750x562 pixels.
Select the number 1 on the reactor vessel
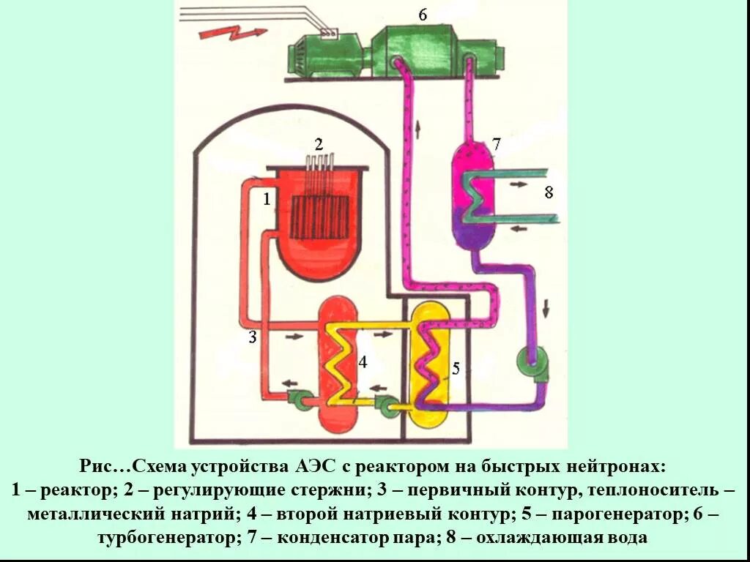[267, 198]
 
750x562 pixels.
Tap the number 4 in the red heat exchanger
[362, 361]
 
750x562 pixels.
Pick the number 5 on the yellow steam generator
[456, 368]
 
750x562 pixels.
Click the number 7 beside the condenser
[496, 144]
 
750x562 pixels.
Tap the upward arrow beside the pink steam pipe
[418, 130]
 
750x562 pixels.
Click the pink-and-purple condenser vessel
[472, 194]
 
